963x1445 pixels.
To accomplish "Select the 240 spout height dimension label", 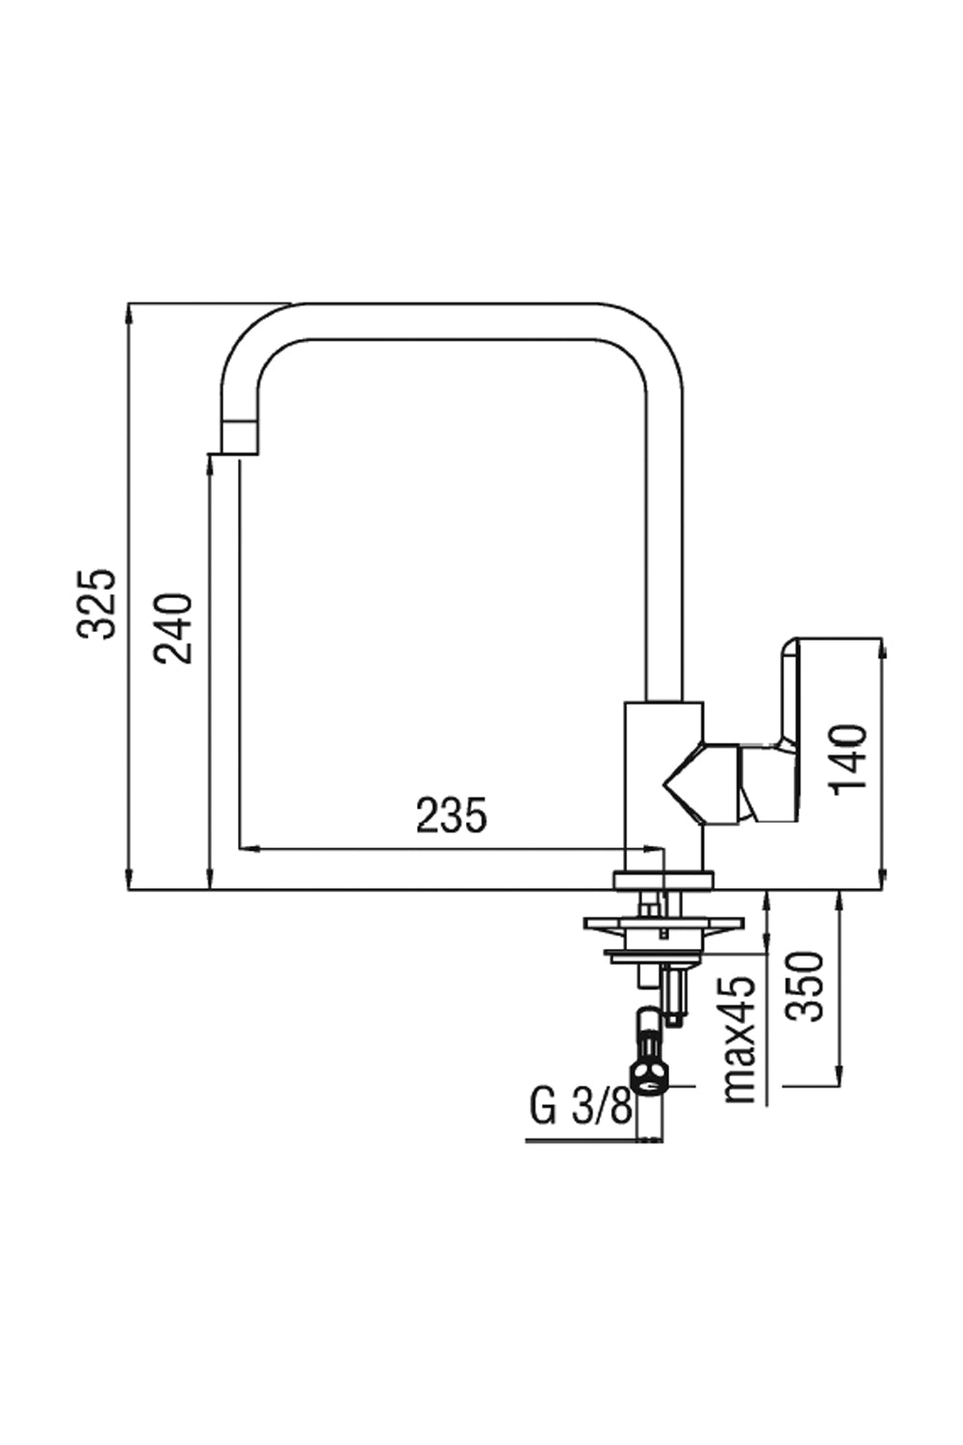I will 176,628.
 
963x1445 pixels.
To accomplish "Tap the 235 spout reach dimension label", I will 452,816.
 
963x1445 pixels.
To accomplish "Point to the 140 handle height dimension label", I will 850,759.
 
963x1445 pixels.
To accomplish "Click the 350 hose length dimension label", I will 805,986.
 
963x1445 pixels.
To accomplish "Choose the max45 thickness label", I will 740,1039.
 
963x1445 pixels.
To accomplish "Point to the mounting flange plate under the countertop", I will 664,925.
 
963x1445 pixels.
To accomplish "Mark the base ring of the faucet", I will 664,879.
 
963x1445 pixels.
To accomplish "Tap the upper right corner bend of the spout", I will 655,337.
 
